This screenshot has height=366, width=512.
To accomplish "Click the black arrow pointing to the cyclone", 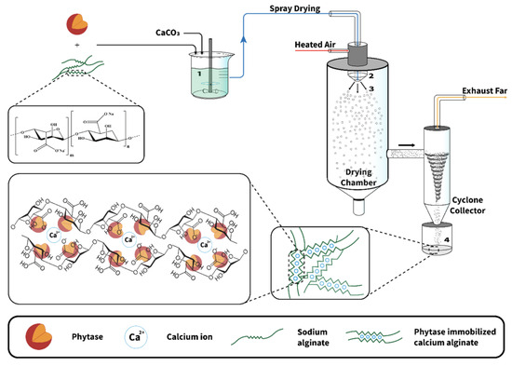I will click(408, 145).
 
